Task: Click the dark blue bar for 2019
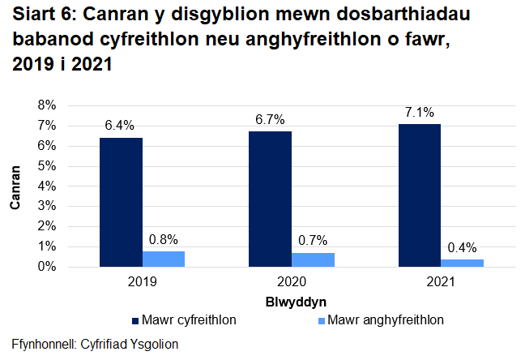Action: click(121, 202)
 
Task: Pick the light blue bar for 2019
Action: click(164, 259)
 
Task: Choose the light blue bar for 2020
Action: click(313, 259)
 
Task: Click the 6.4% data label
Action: click(120, 125)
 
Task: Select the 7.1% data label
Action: click(419, 111)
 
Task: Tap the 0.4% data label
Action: click(462, 247)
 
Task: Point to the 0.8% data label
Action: click(164, 239)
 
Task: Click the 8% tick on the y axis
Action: click(45, 105)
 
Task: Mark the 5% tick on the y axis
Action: click(45, 166)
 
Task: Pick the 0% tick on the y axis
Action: click(45, 267)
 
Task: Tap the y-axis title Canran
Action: click(15, 186)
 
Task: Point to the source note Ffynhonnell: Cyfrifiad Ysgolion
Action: click(95, 344)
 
